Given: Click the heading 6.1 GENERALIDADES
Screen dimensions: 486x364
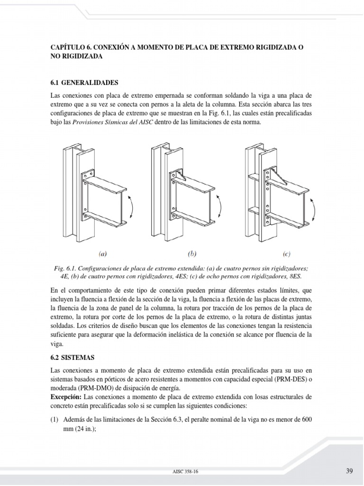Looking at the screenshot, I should tap(84, 82).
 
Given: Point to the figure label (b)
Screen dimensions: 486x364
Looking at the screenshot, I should tap(192, 253).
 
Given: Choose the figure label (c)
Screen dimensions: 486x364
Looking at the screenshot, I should tap(286, 253).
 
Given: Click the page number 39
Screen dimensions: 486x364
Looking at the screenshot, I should tap(349, 471).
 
